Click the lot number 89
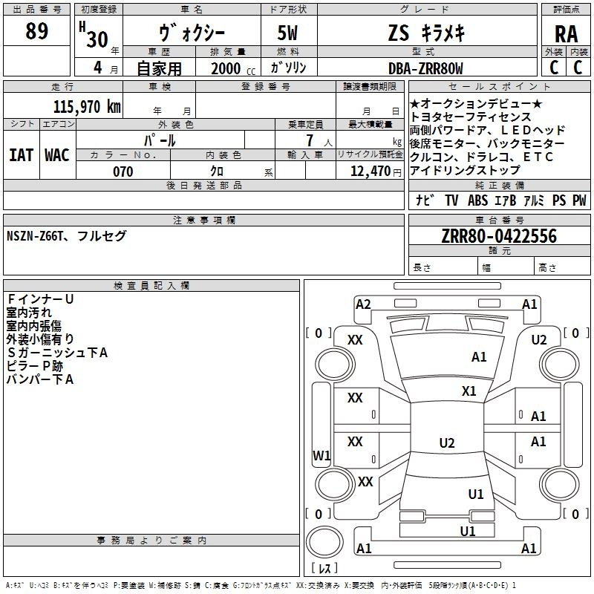click(x=36, y=31)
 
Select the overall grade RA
click(x=566, y=34)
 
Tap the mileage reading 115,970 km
click(x=87, y=107)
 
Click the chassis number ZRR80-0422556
click(x=499, y=236)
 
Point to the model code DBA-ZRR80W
click(x=425, y=68)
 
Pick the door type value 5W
click(x=287, y=33)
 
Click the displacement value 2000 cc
click(x=233, y=68)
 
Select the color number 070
click(x=123, y=172)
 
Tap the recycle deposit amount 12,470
click(x=371, y=172)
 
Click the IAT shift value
click(x=21, y=155)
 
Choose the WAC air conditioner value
click(x=57, y=155)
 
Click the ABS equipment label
click(x=477, y=200)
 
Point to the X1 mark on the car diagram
click(x=469, y=391)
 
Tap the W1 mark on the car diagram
click(x=322, y=455)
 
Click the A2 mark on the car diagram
click(x=363, y=304)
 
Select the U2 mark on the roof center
click(x=447, y=443)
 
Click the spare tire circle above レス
click(x=324, y=542)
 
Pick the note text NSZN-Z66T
click(x=35, y=236)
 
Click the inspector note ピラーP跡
click(x=34, y=366)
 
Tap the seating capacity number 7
click(x=310, y=140)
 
